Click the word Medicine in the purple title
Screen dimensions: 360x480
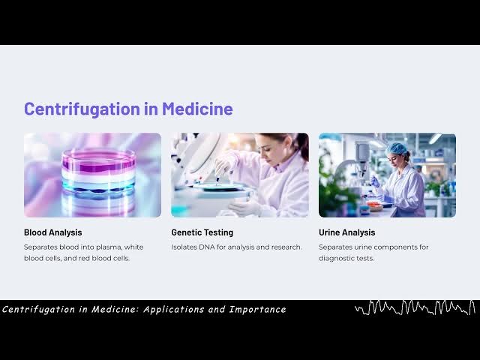tap(197, 109)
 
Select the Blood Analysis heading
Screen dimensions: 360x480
tap(52, 232)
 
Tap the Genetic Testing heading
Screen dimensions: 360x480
tap(202, 232)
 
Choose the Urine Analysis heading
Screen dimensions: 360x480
tap(346, 232)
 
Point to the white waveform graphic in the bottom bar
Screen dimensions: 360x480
tap(415, 307)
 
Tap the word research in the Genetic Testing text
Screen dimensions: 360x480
tap(285, 247)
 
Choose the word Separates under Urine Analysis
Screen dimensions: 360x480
tap(335, 247)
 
